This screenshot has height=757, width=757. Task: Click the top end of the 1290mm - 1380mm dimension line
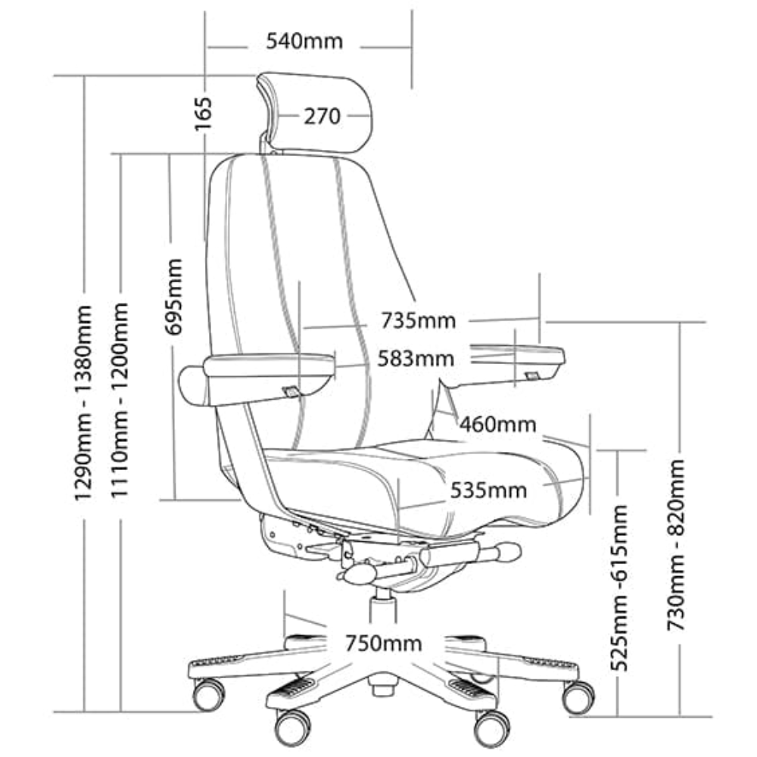(85, 76)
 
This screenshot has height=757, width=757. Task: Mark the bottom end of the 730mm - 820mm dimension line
(680, 716)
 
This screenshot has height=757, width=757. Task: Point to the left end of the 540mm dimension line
(206, 47)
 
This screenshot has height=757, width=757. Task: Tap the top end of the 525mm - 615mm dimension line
(618, 450)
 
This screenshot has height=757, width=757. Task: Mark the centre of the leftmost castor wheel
(209, 694)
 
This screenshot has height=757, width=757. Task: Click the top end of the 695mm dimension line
(170, 154)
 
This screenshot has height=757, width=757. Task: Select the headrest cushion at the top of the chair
(315, 114)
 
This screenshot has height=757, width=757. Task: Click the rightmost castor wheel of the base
(578, 697)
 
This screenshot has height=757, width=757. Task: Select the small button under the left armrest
(291, 391)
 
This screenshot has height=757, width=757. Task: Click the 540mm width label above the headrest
(304, 41)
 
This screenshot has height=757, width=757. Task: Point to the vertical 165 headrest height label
(204, 114)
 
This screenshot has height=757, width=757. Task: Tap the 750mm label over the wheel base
(383, 643)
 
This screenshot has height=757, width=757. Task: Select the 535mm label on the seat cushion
(488, 491)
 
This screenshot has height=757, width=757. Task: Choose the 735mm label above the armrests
(418, 320)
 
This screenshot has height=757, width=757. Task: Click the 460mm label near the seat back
(498, 425)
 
